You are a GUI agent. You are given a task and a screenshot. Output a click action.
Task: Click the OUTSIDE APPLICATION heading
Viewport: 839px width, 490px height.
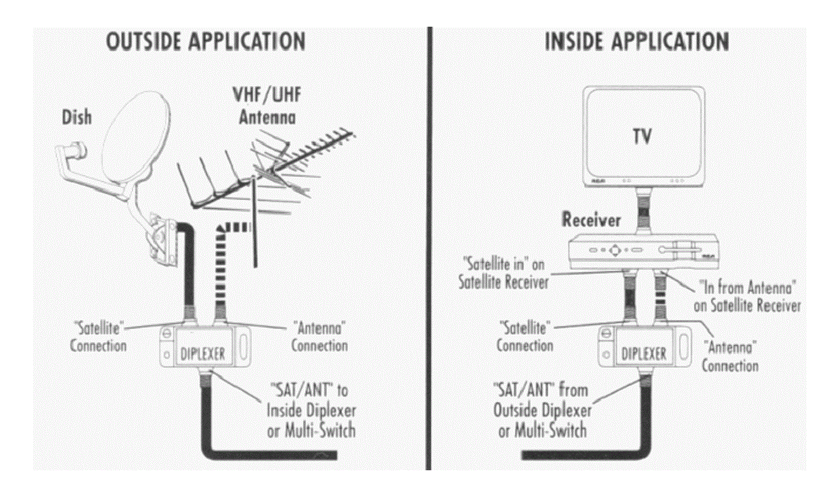(x=206, y=42)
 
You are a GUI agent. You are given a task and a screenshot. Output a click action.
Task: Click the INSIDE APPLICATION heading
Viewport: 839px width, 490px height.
(x=636, y=42)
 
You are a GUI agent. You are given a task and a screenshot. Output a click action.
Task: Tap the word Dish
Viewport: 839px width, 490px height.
(x=77, y=117)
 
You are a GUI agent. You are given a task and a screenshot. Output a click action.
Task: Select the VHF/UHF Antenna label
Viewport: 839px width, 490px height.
(x=267, y=106)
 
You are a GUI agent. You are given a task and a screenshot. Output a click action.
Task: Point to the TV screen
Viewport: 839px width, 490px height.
(x=643, y=136)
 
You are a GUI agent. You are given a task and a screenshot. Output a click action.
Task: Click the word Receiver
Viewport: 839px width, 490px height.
(x=591, y=219)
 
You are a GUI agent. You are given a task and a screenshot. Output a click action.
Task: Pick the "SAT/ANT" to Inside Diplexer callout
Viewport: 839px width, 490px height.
(x=311, y=410)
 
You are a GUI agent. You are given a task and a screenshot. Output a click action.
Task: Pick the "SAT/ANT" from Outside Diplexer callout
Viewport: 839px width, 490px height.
(x=542, y=410)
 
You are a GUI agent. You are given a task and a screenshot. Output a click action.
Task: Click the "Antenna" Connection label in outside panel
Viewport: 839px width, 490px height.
(x=319, y=337)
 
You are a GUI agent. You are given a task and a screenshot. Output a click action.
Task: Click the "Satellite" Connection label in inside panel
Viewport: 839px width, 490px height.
(x=525, y=337)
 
